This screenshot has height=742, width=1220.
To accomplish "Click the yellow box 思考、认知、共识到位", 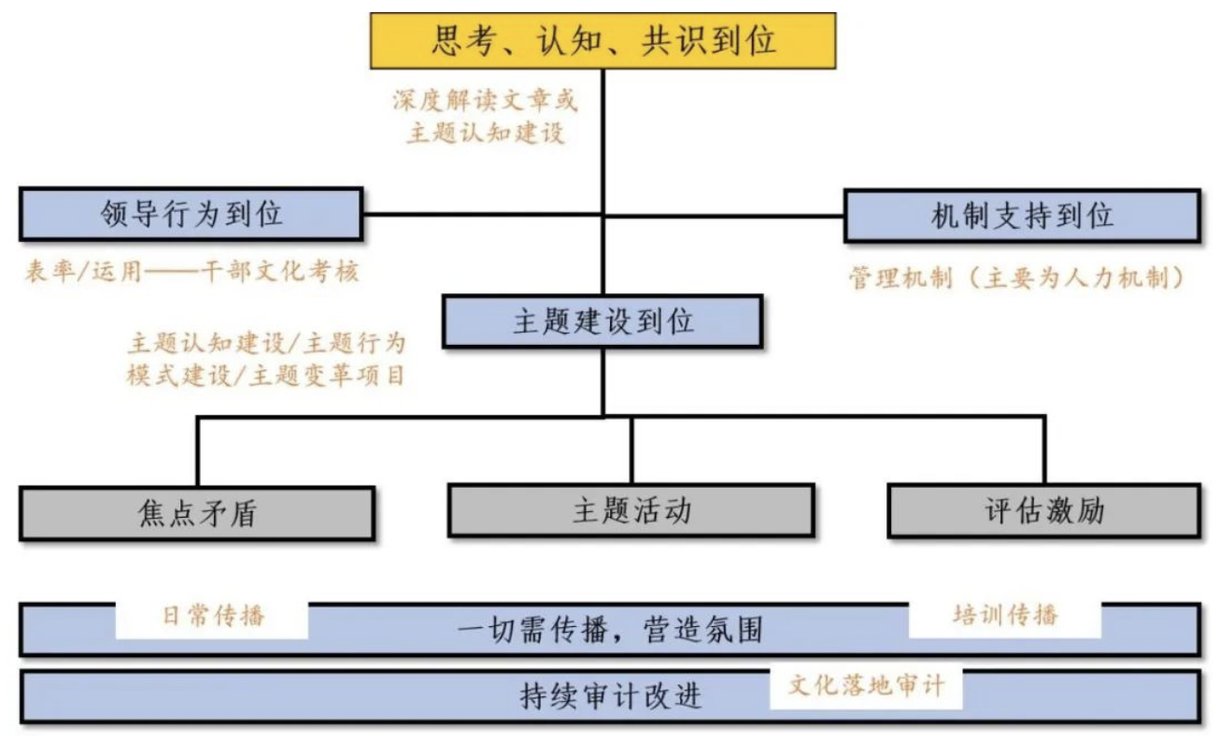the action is pos(603,41).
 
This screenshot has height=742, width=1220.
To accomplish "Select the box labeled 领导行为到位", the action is pos(192,214).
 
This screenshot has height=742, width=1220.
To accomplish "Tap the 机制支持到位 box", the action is pos(1022,216).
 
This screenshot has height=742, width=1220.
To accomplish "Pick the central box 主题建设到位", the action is pos(603,321).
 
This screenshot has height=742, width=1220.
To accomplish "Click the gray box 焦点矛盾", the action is pos(197,514).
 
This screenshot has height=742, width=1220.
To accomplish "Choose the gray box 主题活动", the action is pos(631,510).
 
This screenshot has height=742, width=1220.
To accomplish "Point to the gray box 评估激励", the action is pos(1044,510).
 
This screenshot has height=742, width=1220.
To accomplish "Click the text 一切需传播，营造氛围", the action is pos(609,630).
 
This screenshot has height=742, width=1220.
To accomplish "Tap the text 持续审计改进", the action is pos(611,695).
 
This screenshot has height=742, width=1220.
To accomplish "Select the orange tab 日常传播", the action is pos(213,616).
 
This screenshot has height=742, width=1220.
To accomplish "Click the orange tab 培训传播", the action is pos(1005,615).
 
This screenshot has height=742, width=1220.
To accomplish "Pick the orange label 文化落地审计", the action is pos(867,685).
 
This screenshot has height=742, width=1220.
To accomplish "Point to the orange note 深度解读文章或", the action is pos(485,101).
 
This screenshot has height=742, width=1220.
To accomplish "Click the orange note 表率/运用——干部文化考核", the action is pos(192,271).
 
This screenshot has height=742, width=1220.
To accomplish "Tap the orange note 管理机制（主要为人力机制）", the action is pos(1017,278).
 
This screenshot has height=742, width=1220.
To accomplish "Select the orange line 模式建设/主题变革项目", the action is pos(266,376).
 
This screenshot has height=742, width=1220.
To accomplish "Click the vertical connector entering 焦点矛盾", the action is pos(198,452).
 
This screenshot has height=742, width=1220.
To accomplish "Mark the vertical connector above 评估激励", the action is pos(1044,450).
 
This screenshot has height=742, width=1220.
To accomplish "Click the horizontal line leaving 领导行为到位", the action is pos(483,214).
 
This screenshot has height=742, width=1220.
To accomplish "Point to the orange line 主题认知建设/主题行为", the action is pos(267,343).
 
